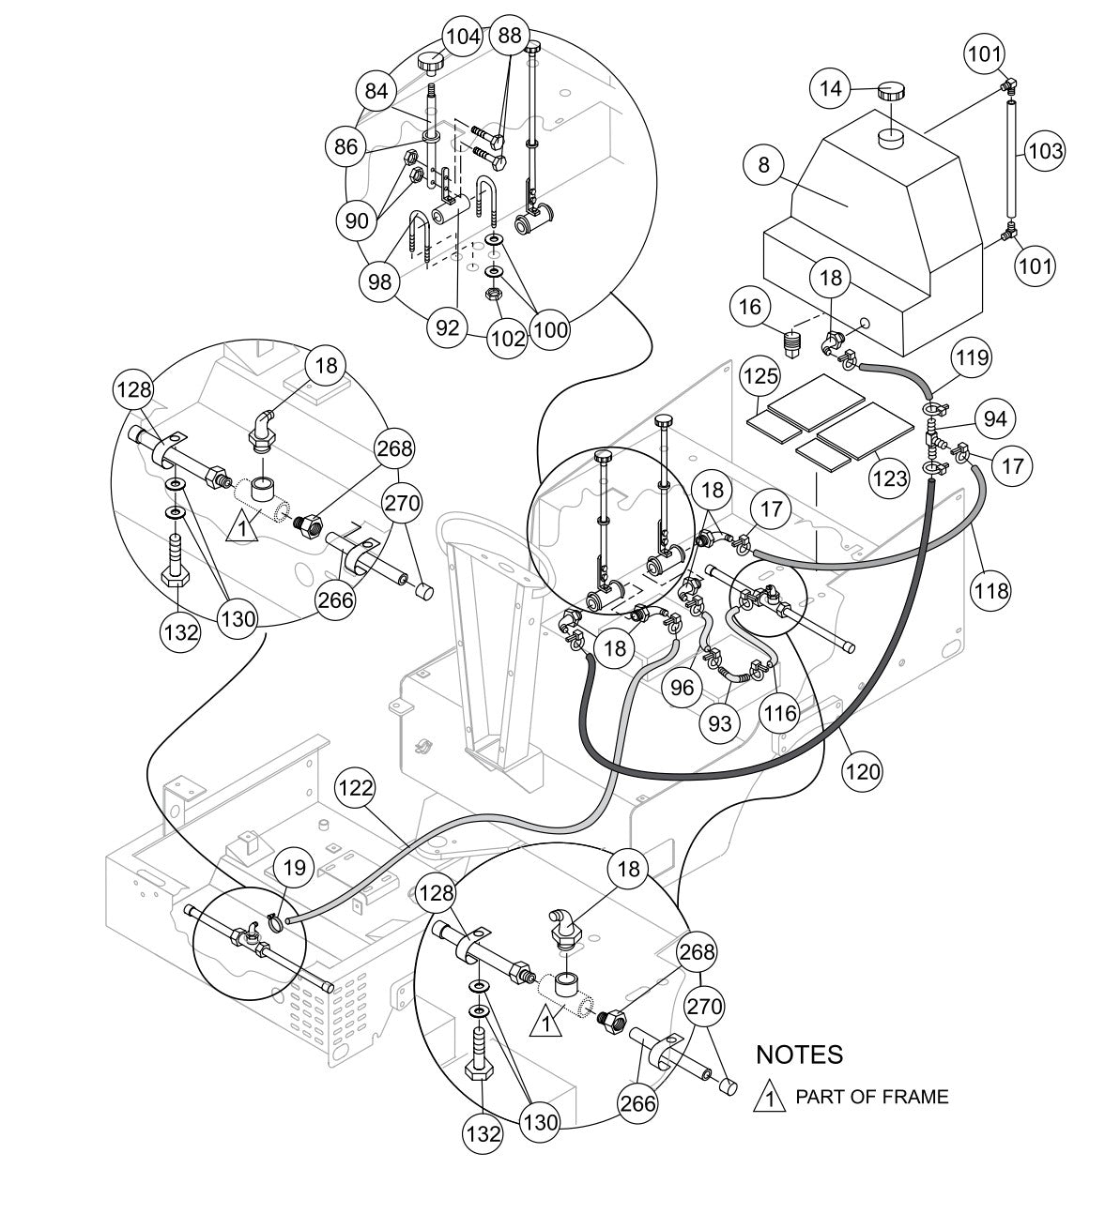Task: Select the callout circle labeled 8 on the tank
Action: click(x=764, y=165)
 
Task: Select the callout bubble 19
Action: click(x=295, y=868)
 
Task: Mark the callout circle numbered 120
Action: click(x=863, y=771)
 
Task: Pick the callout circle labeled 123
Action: click(x=889, y=479)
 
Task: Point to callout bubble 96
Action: click(x=683, y=687)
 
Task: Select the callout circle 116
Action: click(x=779, y=713)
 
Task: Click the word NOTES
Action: click(x=799, y=1055)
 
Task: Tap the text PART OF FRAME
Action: click(x=871, y=1096)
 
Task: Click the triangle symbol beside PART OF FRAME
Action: click(x=769, y=1097)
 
